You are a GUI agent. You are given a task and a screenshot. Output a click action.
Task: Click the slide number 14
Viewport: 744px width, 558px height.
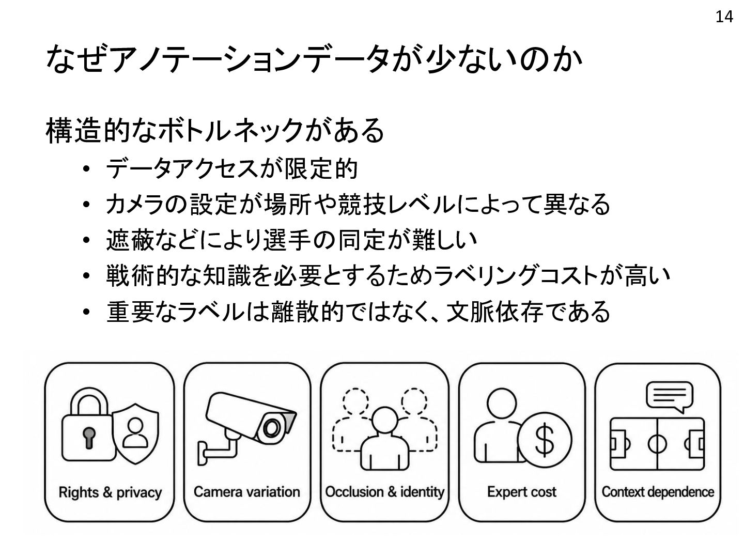tap(724, 17)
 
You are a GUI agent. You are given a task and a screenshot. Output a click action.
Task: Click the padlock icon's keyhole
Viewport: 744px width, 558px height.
tap(89, 438)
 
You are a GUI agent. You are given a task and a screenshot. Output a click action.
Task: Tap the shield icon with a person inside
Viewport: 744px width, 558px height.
tap(135, 433)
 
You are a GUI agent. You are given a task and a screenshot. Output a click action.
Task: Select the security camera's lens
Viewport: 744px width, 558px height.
tap(271, 428)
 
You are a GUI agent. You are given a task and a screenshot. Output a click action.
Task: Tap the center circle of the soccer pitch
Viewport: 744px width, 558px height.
tap(657, 444)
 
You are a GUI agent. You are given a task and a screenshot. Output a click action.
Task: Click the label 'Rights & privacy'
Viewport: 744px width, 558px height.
tap(110, 492)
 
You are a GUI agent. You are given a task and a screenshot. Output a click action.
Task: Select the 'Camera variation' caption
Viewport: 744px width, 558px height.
tap(247, 492)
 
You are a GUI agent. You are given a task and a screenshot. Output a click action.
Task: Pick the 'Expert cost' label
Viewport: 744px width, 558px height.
tap(522, 492)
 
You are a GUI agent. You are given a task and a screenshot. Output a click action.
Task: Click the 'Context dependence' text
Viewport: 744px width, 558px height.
tap(658, 492)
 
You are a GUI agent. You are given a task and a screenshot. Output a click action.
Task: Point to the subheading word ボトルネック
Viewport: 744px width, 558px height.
tap(230, 130)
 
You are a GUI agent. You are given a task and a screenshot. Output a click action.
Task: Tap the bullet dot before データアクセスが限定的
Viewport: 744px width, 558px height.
tap(86, 168)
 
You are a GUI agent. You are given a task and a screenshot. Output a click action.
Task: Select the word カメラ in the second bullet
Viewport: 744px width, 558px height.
tap(135, 204)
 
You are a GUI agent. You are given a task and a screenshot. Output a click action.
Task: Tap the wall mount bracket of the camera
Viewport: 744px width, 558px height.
tap(217, 450)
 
